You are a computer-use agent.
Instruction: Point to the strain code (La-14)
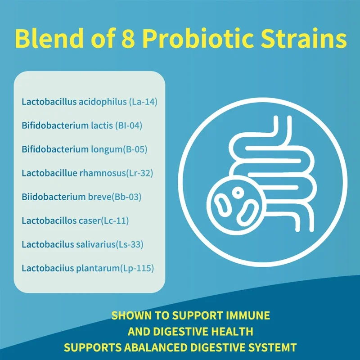click(143, 101)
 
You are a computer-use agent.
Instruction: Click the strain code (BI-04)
click(129, 125)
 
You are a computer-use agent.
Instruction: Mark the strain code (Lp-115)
click(137, 268)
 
